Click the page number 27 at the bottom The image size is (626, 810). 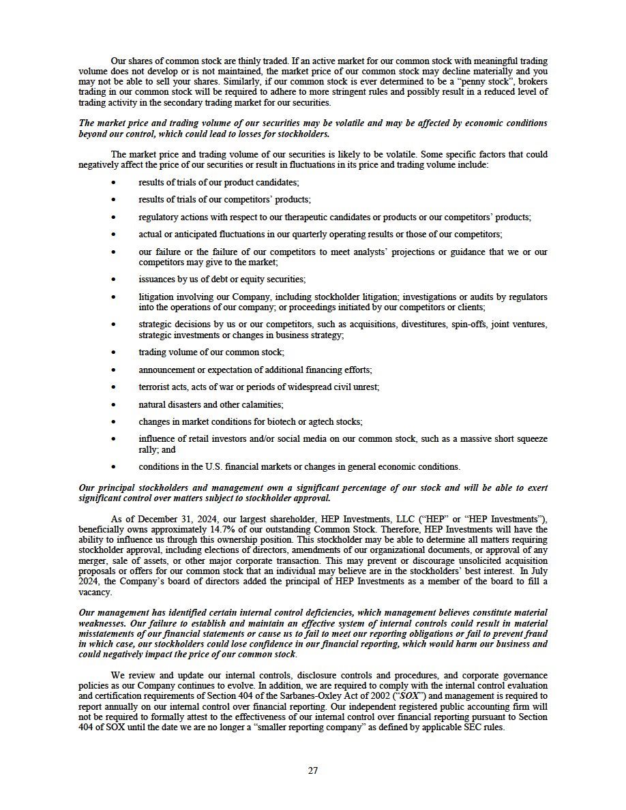click(x=313, y=770)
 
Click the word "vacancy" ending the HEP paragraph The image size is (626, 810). click(x=95, y=592)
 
